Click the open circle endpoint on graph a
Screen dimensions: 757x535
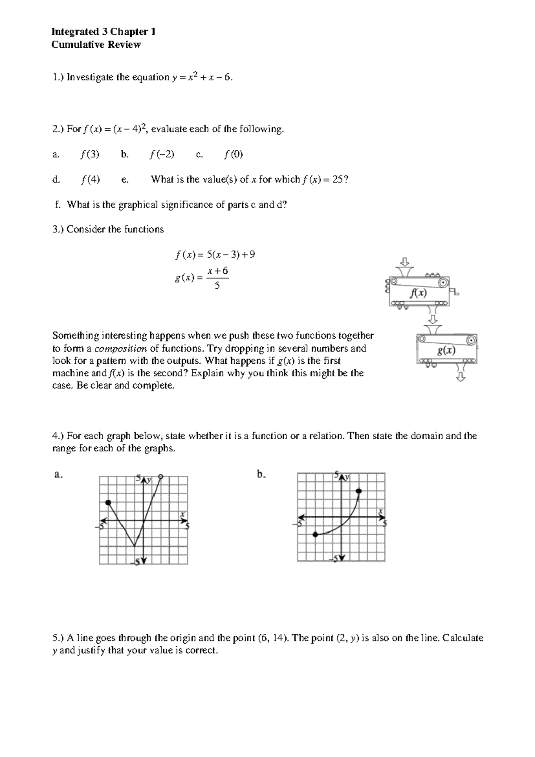coord(161,477)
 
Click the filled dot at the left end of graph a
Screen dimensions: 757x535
coord(108,503)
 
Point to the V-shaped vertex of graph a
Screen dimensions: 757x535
coord(135,545)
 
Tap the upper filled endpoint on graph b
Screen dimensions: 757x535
coord(359,491)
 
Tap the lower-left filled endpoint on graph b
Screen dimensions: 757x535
coord(316,534)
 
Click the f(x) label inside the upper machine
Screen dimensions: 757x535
coord(418,293)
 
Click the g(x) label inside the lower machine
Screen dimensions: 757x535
coord(446,350)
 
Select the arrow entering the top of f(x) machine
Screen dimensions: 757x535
coord(405,261)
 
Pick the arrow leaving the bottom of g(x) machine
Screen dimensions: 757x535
coord(461,378)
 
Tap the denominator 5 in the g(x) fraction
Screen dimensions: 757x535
coord(217,286)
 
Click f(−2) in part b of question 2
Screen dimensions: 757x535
coord(162,154)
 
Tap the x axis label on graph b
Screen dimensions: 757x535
coord(381,511)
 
